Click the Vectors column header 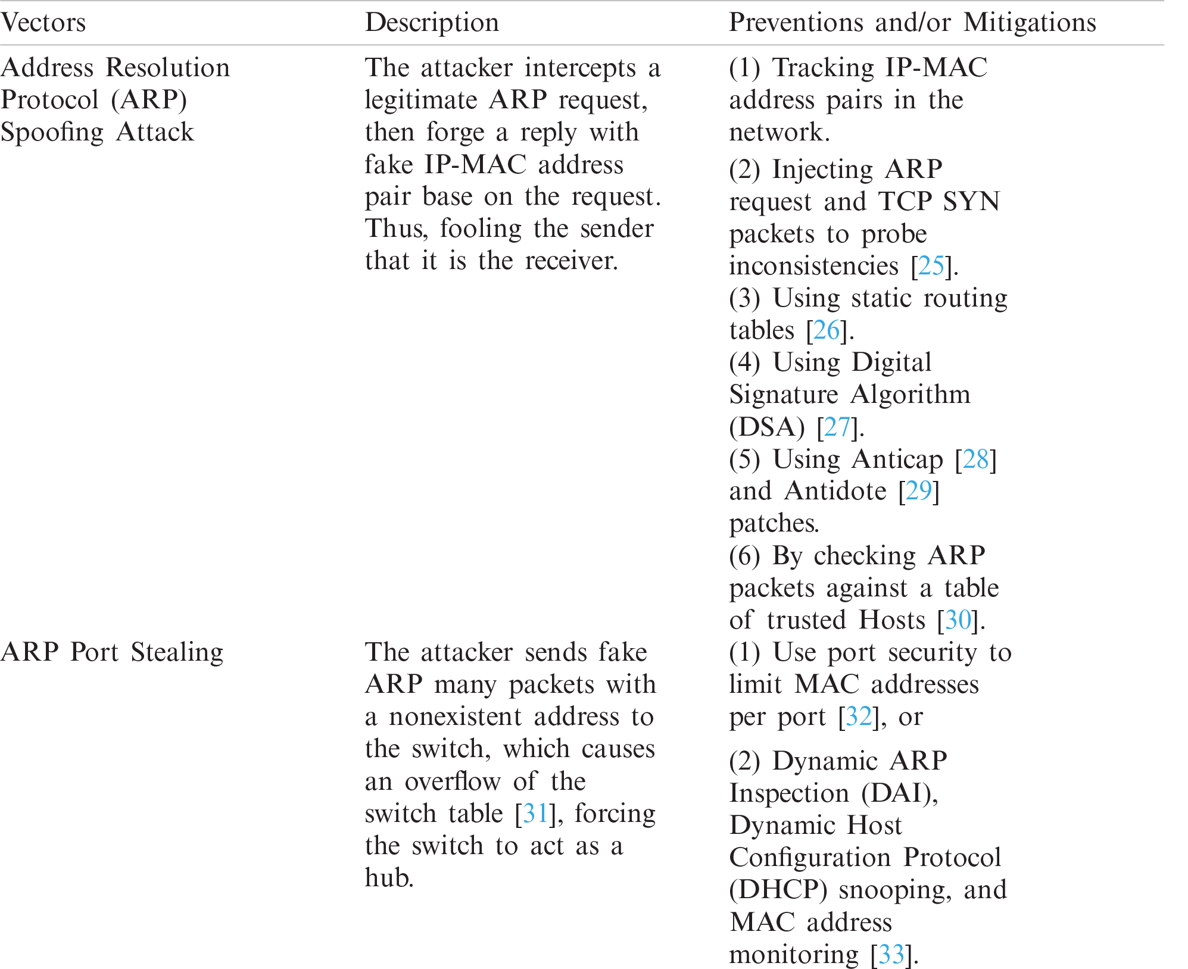[43, 23]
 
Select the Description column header [432, 23]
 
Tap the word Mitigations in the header [1030, 23]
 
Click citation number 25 [931, 265]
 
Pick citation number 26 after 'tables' [826, 330]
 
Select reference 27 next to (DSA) [837, 427]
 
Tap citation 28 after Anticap [975, 459]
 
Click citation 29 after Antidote [918, 491]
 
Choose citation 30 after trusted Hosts [958, 620]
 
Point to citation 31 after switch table [535, 814]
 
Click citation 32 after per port [859, 717]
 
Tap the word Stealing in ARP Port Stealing [177, 652]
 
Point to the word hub [388, 878]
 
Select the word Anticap [897, 459]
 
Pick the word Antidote [835, 491]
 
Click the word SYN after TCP [971, 201]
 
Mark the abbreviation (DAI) [899, 793]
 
